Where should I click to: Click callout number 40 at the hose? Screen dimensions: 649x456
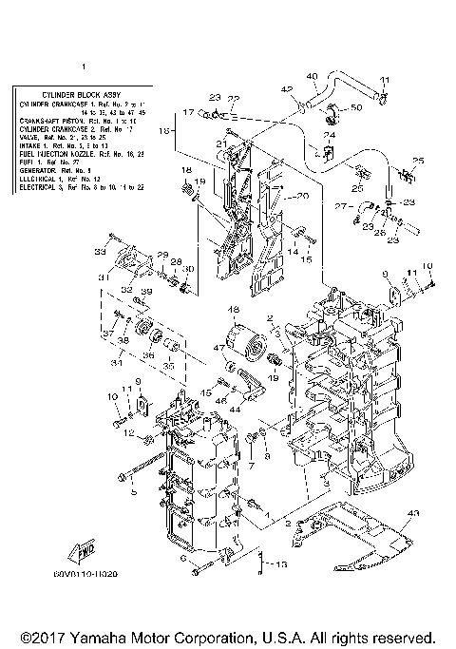(x=312, y=76)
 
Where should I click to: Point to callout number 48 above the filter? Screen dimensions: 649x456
(x=231, y=310)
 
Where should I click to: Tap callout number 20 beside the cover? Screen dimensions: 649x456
(x=304, y=196)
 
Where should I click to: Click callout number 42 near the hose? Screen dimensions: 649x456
(x=285, y=89)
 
